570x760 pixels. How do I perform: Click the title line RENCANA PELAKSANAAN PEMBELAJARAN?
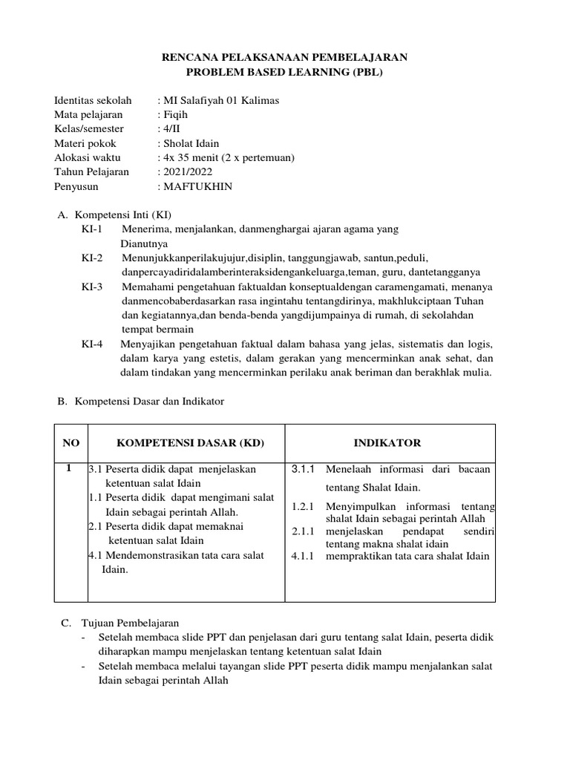(285, 57)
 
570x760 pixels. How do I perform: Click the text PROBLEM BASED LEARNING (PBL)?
(285, 72)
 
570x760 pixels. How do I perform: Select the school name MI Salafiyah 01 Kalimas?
(220, 101)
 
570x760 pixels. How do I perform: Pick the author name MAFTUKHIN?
(197, 186)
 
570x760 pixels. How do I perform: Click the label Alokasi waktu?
(88, 158)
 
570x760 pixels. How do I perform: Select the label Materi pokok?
(85, 143)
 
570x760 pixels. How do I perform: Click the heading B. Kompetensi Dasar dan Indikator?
(140, 402)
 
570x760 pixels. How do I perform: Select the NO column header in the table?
(71, 443)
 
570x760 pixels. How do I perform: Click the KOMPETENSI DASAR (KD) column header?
(190, 443)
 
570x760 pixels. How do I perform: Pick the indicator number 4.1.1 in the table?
(304, 557)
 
